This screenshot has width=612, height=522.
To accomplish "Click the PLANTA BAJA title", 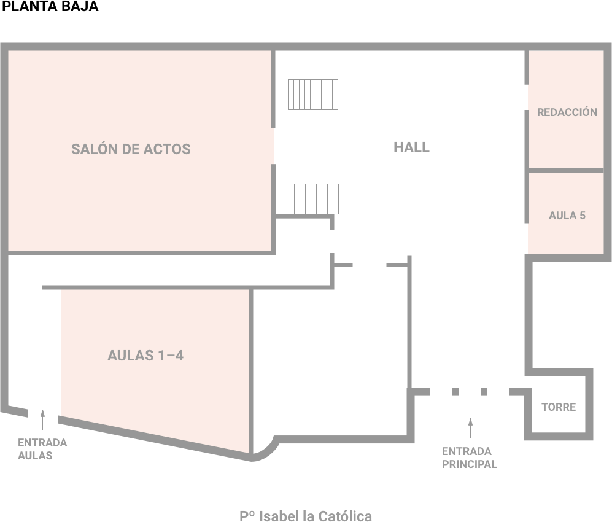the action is pos(50,6).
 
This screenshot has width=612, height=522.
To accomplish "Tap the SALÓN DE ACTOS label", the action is pos(131,149).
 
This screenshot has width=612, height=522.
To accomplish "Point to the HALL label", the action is pos(411,147).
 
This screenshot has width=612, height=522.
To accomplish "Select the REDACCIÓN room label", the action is pos(567,112).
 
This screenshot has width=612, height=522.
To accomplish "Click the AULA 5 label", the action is pos(567,215).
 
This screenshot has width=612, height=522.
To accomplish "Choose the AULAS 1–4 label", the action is pos(145,356).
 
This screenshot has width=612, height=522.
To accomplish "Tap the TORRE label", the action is pos(559,407).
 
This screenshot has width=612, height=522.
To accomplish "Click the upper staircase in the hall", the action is pos(313,95).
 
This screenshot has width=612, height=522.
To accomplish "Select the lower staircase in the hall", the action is pos(314,199).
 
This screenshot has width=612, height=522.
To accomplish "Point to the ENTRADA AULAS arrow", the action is pos(42,419).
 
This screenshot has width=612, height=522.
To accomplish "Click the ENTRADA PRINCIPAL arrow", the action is pos(470,428).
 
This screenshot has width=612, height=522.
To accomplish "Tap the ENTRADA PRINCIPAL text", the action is pos(469,458).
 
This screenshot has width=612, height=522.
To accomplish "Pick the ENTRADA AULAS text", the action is pos(42,449).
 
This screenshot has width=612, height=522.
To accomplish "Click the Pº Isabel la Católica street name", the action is pos(306,516).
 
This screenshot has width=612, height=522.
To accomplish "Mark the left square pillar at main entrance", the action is pos(455,392).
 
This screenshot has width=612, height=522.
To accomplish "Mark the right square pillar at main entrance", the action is pos(484,392).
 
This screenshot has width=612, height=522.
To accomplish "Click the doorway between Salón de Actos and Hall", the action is pos(273,146).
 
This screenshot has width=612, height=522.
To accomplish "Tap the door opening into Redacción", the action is pos(527,97).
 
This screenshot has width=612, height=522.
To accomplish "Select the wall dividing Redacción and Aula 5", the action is pos(567,170).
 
